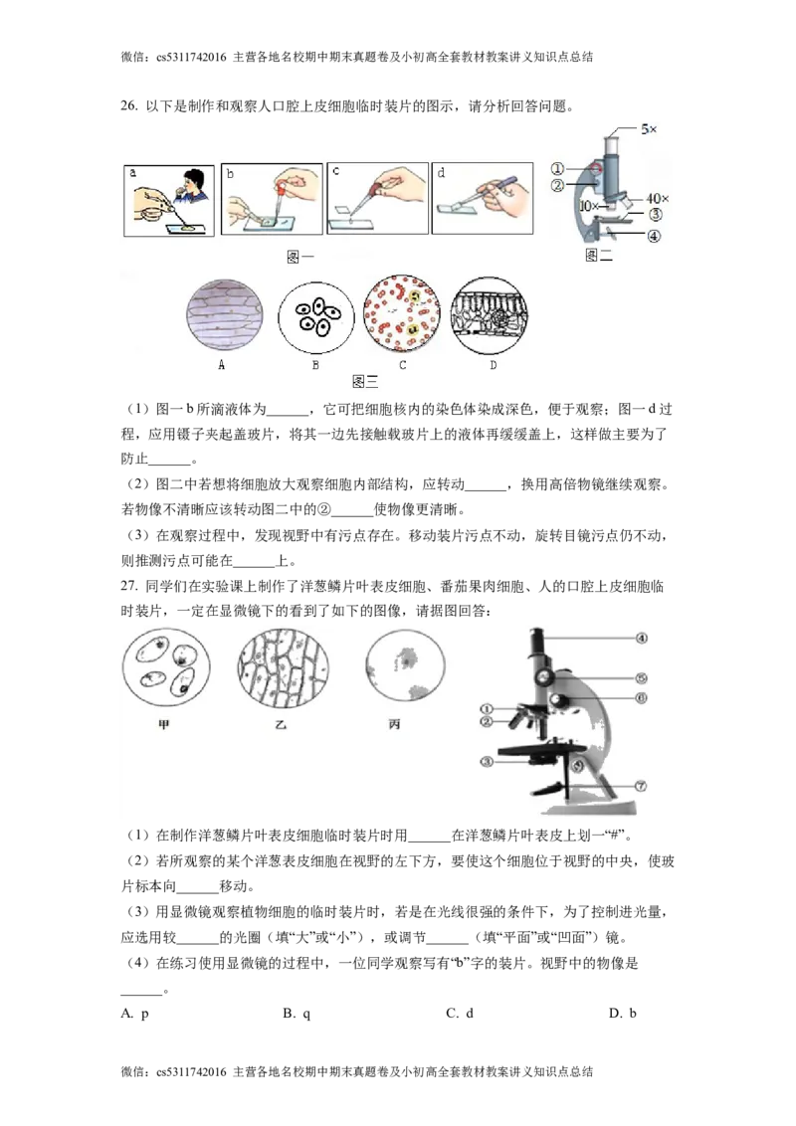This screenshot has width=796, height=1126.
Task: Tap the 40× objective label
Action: (657, 199)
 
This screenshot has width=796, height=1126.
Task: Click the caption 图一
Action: (299, 257)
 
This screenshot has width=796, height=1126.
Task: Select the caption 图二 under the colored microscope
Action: (600, 257)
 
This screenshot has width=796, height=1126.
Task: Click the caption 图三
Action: (365, 383)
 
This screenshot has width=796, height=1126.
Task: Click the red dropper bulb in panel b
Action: (283, 186)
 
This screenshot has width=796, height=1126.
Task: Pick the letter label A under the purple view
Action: (222, 365)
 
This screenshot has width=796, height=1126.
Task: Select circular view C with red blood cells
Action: (403, 315)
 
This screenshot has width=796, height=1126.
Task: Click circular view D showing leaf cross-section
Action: (489, 315)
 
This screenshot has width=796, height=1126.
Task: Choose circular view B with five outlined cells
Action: (315, 315)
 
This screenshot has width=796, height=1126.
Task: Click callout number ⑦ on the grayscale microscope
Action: (641, 785)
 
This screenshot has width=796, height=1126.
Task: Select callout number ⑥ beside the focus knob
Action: (641, 697)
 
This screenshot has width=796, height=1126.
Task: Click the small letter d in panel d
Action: (440, 171)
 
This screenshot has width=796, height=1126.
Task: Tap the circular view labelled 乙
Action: (284, 664)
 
